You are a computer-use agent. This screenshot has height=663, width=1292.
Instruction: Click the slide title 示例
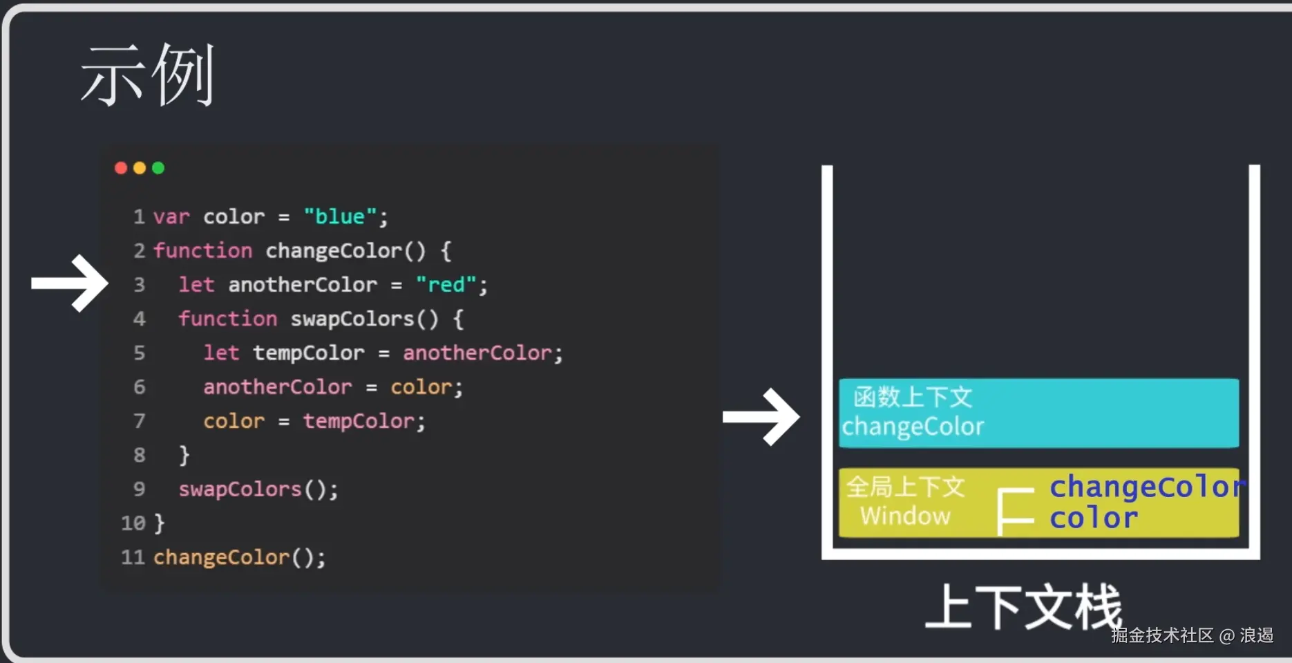pos(147,75)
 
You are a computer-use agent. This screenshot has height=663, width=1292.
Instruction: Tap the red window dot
pos(121,168)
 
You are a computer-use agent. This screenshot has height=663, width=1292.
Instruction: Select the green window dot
pos(158,168)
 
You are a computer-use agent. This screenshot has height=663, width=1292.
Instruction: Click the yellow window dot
pos(140,168)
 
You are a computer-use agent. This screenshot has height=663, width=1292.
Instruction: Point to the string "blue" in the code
pos(340,216)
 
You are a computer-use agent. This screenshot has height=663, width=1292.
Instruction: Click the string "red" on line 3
pos(446,284)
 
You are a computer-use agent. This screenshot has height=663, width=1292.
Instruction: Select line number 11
pos(133,557)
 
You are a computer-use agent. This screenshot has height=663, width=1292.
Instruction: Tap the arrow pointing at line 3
pos(70,283)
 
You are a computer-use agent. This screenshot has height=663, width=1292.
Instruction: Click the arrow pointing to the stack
pos(761,417)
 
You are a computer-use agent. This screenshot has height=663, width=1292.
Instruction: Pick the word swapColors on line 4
pos(352,319)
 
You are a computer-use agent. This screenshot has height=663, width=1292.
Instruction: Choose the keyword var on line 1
pos(171,216)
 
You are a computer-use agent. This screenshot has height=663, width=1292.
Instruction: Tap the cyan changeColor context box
pos(1038,413)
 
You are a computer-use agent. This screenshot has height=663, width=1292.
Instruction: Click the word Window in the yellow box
pos(905,516)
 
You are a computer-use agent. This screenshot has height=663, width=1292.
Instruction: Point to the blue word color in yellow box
pos(1093,518)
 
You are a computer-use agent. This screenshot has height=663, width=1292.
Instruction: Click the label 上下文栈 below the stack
pos(1023,607)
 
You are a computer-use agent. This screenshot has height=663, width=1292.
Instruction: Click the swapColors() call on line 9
pos(258,489)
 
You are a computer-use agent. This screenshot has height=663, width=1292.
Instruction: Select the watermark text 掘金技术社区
pos(1162,635)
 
